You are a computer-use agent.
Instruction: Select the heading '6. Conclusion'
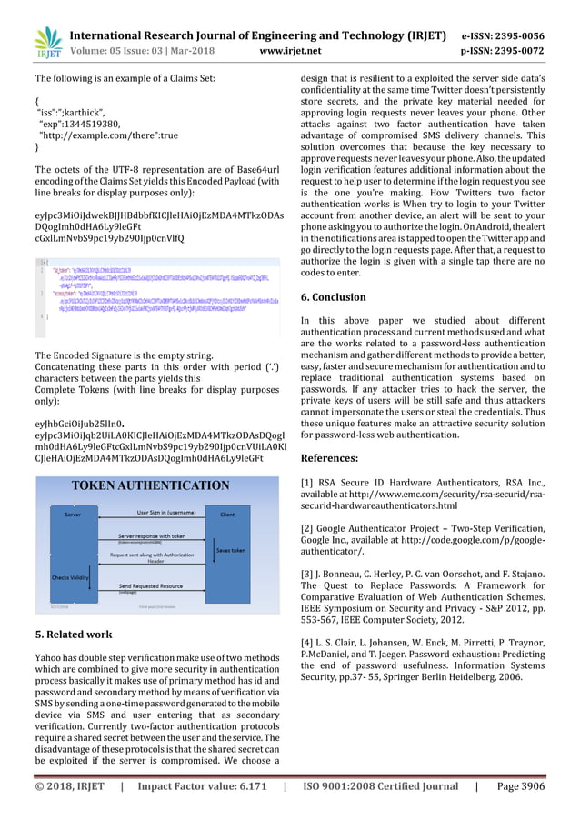coord(333,297)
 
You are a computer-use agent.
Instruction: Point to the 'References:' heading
coord(329,457)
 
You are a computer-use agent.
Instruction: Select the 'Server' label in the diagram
coord(73,514)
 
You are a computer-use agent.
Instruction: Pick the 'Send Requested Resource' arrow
coord(150,586)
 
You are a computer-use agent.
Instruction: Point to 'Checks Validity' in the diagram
coord(70,577)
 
